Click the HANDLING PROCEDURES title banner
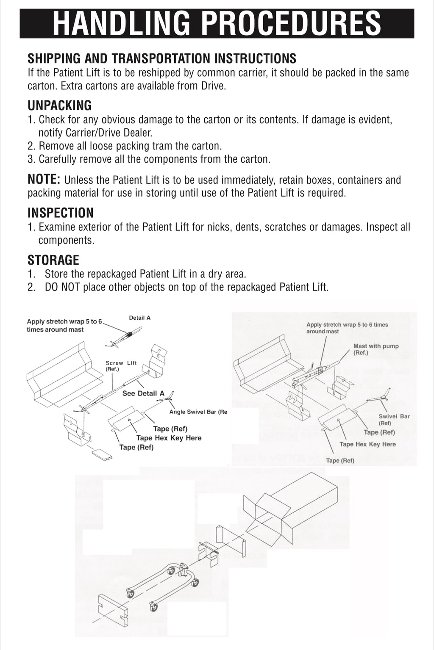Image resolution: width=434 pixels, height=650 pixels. [x=217, y=23]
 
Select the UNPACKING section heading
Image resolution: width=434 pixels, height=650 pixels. [x=59, y=105]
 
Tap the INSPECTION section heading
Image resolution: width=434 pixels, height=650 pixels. [x=61, y=213]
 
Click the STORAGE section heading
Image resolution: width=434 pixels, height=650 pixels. [x=53, y=260]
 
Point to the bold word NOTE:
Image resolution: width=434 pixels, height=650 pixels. [x=45, y=179]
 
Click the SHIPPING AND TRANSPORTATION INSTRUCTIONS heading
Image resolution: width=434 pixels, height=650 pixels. [x=162, y=58]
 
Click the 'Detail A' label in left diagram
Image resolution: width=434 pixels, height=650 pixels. [x=139, y=318]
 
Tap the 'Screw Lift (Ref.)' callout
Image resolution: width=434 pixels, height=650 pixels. [x=115, y=366]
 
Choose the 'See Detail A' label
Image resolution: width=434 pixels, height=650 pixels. [x=143, y=393]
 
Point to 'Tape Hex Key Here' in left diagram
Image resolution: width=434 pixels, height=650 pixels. [x=169, y=438]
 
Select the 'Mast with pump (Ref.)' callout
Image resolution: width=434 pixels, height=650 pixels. [x=376, y=349]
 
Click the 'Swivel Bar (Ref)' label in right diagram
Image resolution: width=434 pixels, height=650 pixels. [x=394, y=419]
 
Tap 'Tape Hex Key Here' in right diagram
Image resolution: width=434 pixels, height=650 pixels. [x=367, y=444]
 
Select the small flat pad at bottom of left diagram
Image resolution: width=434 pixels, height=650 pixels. [x=102, y=455]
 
